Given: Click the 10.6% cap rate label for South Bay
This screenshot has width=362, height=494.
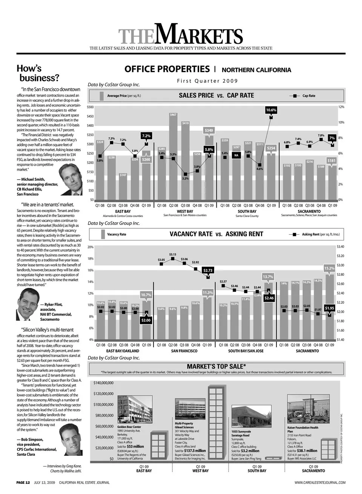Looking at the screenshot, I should (x=271, y=110).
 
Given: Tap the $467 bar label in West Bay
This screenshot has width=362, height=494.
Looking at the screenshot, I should (x=173, y=115).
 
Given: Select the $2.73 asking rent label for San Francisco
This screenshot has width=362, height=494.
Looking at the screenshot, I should (x=208, y=270).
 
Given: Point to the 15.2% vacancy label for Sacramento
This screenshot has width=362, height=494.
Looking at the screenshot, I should (x=329, y=268).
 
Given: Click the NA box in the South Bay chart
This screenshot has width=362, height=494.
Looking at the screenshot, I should (x=236, y=155).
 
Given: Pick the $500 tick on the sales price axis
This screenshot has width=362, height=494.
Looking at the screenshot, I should (x=90, y=107).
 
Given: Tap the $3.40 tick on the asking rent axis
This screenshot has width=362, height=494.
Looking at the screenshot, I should (x=340, y=247).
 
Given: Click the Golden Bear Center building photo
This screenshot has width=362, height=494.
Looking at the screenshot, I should (x=135, y=410).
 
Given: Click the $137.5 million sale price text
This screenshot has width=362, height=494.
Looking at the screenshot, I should (x=195, y=451).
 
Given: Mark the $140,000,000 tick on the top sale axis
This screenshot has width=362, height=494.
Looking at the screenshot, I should (x=103, y=383).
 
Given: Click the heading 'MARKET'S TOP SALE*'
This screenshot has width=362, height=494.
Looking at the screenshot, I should (x=216, y=366).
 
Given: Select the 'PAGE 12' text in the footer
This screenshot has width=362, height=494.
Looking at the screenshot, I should (x=23, y=482).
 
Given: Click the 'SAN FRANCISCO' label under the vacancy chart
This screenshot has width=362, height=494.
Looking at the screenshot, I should (x=184, y=351).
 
